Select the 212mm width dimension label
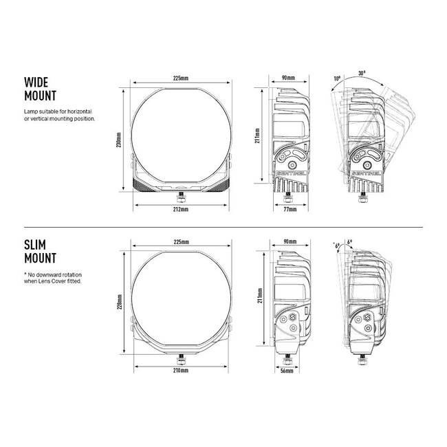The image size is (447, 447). coord(181,210)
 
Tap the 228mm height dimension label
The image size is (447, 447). coord(120,302)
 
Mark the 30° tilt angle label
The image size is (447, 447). coord(362,73)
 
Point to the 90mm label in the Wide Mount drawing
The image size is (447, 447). coord(289,78)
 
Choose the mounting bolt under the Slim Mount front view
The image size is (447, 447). coord(181,360)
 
